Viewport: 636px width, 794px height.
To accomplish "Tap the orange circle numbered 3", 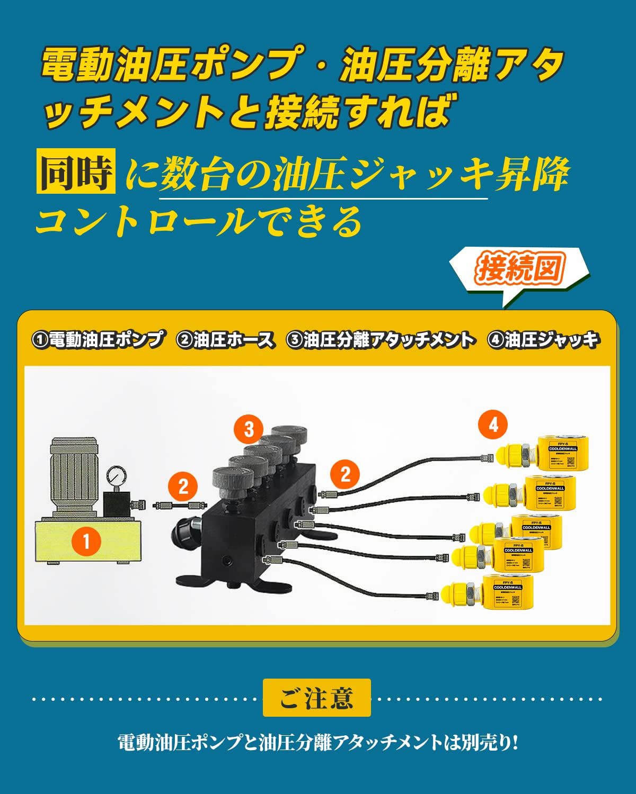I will tap(249, 429).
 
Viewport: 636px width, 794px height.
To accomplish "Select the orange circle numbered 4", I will tap(493, 424).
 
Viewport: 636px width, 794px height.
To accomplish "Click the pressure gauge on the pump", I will tap(114, 474).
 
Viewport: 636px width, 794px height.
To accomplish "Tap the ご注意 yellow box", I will tap(316, 698).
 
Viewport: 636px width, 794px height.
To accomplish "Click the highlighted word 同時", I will tap(76, 174).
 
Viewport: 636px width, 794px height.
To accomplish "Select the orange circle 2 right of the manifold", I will tap(345, 474).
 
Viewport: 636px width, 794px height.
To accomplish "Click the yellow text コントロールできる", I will tap(199, 221).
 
